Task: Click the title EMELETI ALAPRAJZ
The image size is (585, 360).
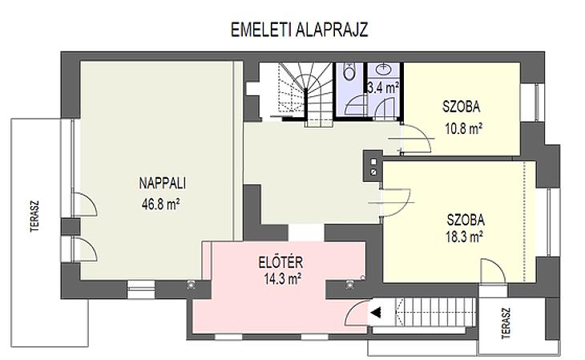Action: pyautogui.click(x=299, y=30)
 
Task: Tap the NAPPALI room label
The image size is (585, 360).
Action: pyautogui.click(x=163, y=183)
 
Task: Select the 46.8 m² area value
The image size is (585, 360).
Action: pyautogui.click(x=161, y=204)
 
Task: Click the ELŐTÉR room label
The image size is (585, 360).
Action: pyautogui.click(x=280, y=262)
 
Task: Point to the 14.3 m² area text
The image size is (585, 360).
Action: pyautogui.click(x=282, y=278)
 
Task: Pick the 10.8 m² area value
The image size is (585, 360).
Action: pyautogui.click(x=463, y=128)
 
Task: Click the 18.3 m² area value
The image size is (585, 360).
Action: pyautogui.click(x=465, y=237)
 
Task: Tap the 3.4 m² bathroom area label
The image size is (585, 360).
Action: pyautogui.click(x=383, y=87)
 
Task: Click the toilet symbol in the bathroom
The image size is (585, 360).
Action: pyautogui.click(x=349, y=71)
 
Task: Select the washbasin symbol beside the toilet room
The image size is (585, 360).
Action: pyautogui.click(x=383, y=69)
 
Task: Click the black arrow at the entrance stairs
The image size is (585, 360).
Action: pyautogui.click(x=376, y=312)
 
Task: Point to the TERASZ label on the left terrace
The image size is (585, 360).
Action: pyautogui.click(x=34, y=216)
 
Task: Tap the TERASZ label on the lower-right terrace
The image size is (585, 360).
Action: pyautogui.click(x=506, y=323)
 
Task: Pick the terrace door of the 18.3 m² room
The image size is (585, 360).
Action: pyautogui.click(x=493, y=271)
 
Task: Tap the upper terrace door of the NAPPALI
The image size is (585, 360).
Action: pyautogui.click(x=86, y=204)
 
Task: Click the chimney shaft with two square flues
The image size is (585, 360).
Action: pyautogui.click(x=373, y=166)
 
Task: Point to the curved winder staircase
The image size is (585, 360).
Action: pyautogui.click(x=306, y=91)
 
